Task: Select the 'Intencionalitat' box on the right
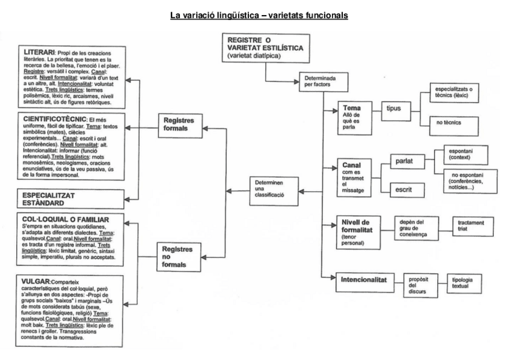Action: click(363, 280)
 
